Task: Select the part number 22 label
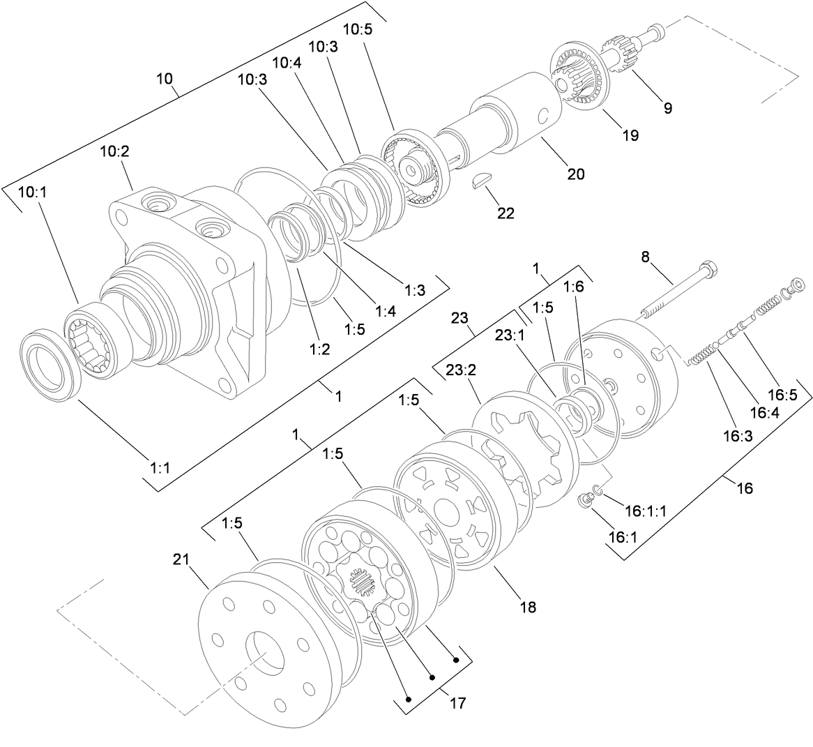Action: pyautogui.click(x=506, y=213)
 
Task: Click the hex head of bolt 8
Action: pyautogui.click(x=706, y=268)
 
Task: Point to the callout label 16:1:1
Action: pyautogui.click(x=645, y=511)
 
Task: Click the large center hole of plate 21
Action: pyautogui.click(x=263, y=652)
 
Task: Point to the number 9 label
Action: pyautogui.click(x=667, y=108)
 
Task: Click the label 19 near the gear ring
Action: pyautogui.click(x=630, y=135)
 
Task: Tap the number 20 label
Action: pyautogui.click(x=576, y=174)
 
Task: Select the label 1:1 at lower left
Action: pyautogui.click(x=160, y=468)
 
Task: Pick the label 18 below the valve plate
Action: pyautogui.click(x=528, y=607)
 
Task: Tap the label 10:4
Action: pyautogui.click(x=287, y=62)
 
